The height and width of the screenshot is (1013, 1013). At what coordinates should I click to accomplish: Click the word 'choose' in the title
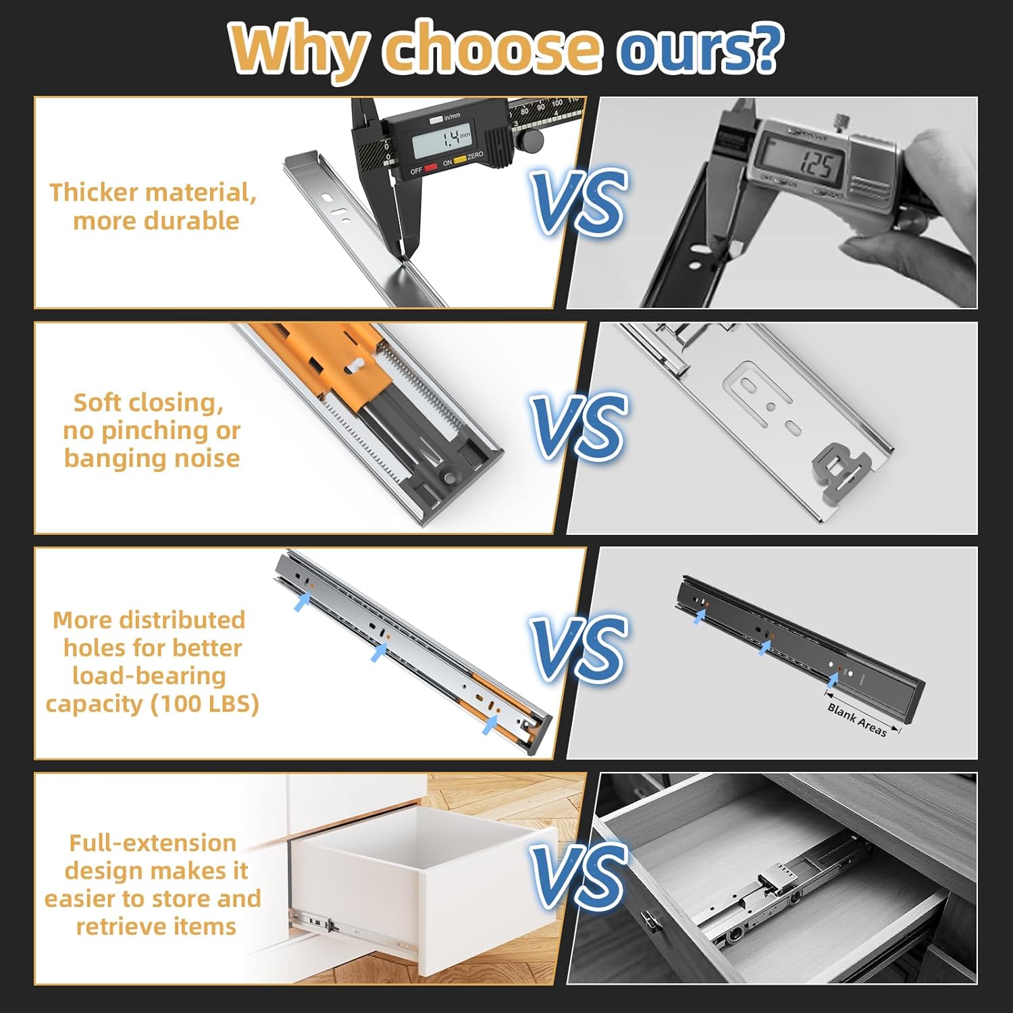coord(491,49)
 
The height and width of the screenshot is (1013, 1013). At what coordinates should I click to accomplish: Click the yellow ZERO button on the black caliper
coord(460,160)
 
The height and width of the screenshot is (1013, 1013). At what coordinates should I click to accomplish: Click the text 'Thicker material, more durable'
coord(153,207)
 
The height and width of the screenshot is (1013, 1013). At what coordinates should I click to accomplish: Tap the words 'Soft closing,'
coord(149,402)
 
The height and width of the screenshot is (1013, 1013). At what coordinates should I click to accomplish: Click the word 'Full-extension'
coord(153,843)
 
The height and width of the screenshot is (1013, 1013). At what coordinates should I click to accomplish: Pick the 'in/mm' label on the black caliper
coord(452,117)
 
